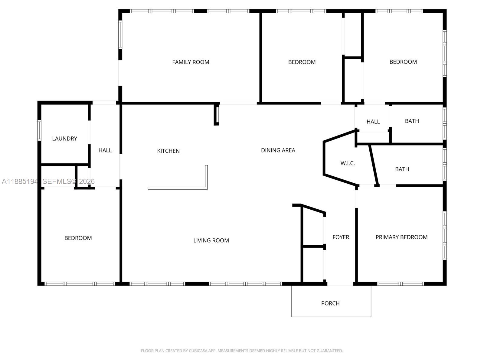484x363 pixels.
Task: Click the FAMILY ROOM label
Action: pos(191,62)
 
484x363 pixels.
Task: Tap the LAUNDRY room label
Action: pos(64,139)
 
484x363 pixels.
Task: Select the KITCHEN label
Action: pos(168,151)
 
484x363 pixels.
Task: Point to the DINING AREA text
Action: pos(278,150)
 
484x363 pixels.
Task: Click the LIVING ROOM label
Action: pos(211,240)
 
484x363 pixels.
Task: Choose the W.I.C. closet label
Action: pos(348,163)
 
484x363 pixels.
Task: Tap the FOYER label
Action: pos(341,237)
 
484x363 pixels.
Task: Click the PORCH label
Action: pos(330,303)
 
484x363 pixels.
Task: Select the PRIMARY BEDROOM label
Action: pos(401,237)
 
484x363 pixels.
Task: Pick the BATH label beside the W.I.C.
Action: pos(402,169)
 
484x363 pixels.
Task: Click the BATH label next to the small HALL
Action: pos(412,121)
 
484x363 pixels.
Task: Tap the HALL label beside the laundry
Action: pos(105,150)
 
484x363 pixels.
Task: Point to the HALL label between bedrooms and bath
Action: pos(373,122)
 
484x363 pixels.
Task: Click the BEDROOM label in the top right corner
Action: pos(403,62)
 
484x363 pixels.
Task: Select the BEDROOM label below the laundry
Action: pos(78,238)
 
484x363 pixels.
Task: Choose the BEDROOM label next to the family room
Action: pos(302,62)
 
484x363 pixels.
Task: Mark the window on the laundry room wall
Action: pos(39,130)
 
